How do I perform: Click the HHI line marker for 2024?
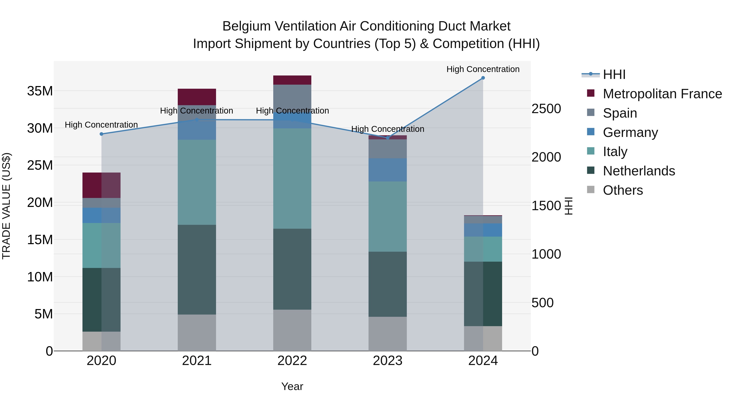click(x=483, y=78)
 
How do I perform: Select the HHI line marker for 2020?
click(x=101, y=134)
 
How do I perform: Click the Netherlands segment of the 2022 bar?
click(x=292, y=269)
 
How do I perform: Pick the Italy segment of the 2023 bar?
click(x=387, y=216)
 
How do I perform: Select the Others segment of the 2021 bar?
click(x=197, y=332)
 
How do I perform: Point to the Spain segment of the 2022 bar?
click(x=292, y=97)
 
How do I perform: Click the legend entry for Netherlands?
click(x=639, y=171)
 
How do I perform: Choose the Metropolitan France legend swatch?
click(x=591, y=93)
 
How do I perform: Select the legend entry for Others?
click(x=623, y=190)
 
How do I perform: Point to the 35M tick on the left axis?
click(x=40, y=91)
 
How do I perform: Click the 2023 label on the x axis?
click(x=387, y=361)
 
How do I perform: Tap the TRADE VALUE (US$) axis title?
click(x=6, y=206)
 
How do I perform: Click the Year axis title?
click(x=292, y=386)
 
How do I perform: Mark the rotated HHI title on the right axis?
click(x=568, y=206)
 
